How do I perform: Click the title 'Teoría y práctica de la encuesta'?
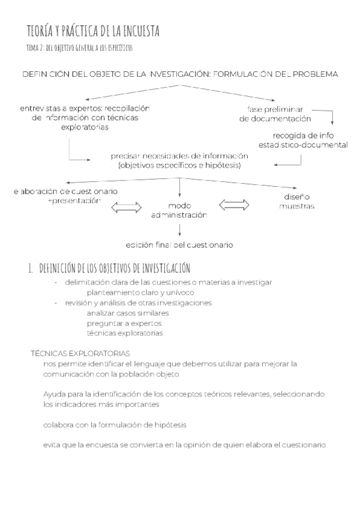(x=93, y=31)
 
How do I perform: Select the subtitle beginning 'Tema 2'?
(x=80, y=47)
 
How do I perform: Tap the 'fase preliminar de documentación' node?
(x=275, y=114)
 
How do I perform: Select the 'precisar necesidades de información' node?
(x=179, y=160)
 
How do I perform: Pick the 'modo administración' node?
(x=179, y=209)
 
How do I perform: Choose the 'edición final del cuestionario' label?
(x=179, y=245)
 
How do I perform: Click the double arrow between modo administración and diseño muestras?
(x=235, y=205)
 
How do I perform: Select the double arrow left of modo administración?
(x=127, y=208)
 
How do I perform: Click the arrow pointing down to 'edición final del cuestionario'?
(x=180, y=229)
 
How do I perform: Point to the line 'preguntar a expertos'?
(x=124, y=323)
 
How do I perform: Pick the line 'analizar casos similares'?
(x=127, y=313)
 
